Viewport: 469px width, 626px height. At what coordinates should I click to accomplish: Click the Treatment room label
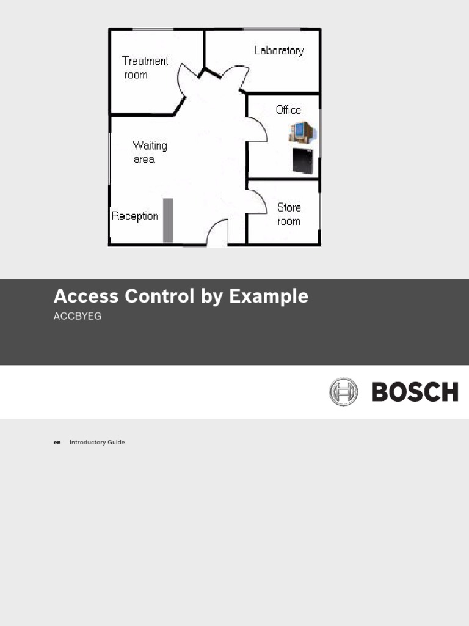click(145, 68)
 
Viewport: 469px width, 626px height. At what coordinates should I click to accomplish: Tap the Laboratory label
click(278, 51)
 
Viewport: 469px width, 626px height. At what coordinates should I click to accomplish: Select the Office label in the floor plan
click(288, 110)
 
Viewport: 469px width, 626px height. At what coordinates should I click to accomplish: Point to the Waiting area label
click(149, 152)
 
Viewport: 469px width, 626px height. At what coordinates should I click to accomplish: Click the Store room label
click(289, 214)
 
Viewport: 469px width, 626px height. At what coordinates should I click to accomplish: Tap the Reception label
click(134, 216)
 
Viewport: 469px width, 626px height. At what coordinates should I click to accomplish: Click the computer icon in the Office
click(302, 133)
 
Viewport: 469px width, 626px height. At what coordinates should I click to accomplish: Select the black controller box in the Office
click(302, 161)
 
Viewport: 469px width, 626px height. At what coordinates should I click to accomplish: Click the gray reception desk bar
click(168, 219)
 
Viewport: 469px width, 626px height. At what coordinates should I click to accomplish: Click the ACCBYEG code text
click(78, 317)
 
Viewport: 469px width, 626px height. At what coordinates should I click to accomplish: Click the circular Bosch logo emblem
click(343, 392)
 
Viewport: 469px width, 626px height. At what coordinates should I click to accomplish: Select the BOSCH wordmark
click(415, 392)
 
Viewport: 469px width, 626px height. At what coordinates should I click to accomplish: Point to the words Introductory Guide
click(97, 442)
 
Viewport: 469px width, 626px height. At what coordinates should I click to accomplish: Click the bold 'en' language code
click(57, 442)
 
